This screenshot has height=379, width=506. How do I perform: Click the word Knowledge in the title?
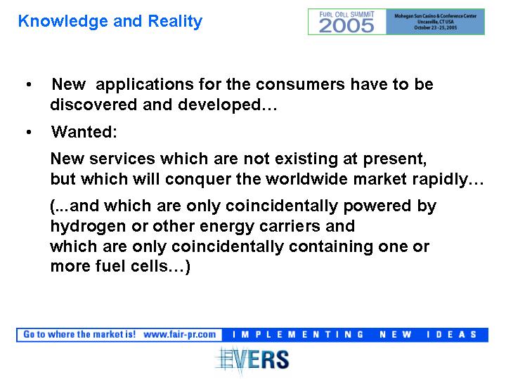[x=63, y=22]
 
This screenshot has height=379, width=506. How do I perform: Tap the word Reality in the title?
[x=175, y=22]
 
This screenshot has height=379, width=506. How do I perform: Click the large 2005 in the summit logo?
[x=346, y=25]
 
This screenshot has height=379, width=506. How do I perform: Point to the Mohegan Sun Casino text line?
[x=435, y=15]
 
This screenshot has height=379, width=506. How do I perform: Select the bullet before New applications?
[x=29, y=85]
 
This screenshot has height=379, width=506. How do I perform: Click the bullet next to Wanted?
[x=29, y=132]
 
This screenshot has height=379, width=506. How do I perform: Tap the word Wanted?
[x=84, y=131]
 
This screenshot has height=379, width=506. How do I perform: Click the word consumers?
[x=300, y=84]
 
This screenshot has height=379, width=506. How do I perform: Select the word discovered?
[x=93, y=105]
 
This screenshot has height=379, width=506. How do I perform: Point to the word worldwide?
[x=306, y=179]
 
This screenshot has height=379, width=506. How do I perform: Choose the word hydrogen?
[x=88, y=227]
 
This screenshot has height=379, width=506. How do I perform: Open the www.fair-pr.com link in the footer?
[x=180, y=335]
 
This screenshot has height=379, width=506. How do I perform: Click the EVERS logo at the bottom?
[x=252, y=360]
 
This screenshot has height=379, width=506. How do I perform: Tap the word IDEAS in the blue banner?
[x=451, y=335]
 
